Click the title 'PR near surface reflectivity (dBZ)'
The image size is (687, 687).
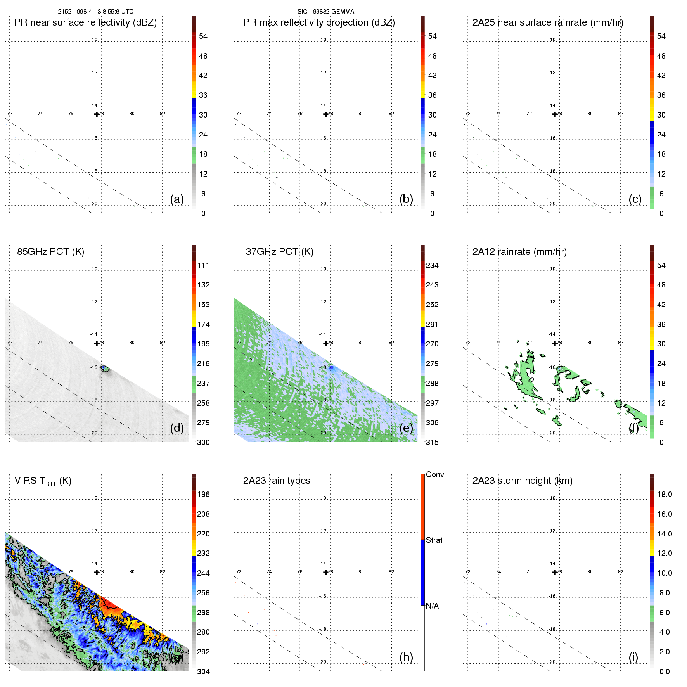(85, 22)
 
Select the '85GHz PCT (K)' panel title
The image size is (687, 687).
(50, 252)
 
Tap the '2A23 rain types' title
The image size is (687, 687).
(276, 481)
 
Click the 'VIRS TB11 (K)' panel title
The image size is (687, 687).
(43, 481)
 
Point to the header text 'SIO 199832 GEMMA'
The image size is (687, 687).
(325, 12)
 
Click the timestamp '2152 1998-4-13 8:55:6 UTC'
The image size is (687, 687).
(95, 12)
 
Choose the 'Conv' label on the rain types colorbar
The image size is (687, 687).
(434, 474)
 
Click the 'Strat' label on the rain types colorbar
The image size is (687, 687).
(434, 540)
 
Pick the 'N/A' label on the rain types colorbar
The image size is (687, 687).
(432, 606)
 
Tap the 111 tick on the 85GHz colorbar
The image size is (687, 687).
(203, 265)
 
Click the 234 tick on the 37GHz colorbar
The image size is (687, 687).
(432, 265)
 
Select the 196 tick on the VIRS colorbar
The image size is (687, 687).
(203, 494)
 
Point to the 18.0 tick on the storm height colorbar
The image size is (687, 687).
(664, 494)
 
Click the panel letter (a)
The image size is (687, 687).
(177, 199)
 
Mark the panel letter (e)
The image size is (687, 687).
(406, 428)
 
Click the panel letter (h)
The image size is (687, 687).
(406, 657)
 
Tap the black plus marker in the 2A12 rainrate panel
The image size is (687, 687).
(555, 343)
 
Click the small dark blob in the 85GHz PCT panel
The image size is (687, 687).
(105, 369)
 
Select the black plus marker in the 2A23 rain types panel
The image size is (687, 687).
(325, 573)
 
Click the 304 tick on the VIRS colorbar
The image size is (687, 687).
(203, 671)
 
